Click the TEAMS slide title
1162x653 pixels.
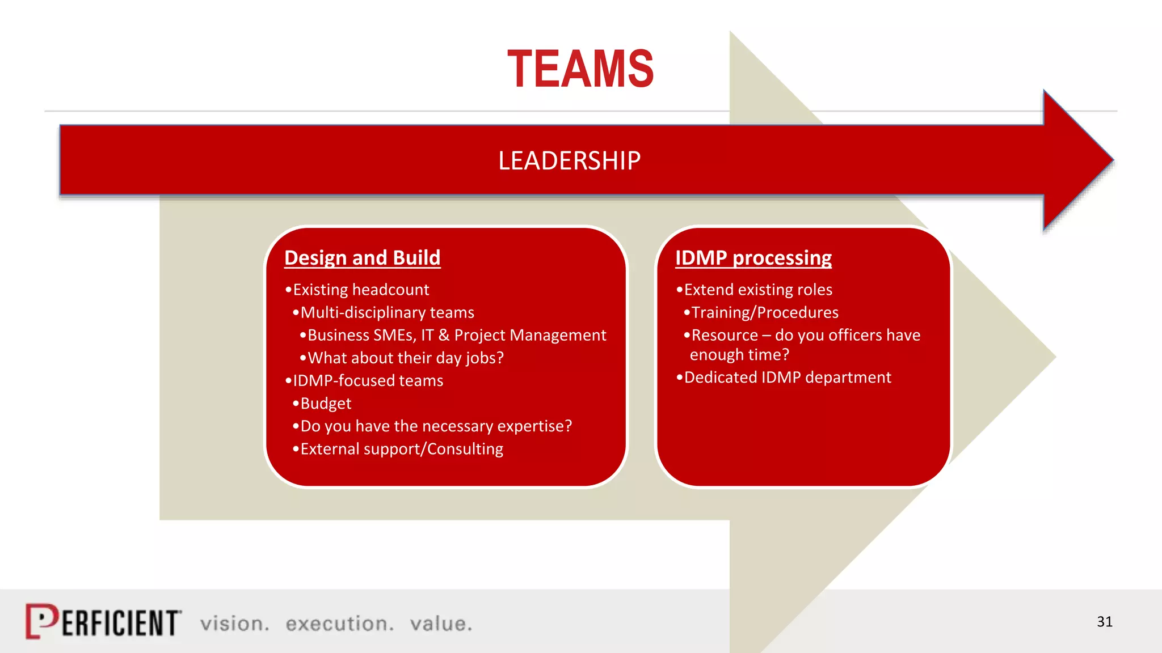580,69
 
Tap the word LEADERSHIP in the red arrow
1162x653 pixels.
569,160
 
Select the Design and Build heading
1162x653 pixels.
362,258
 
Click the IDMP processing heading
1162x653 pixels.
753,258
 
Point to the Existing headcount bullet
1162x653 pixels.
361,290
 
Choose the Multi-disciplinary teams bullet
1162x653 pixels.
387,312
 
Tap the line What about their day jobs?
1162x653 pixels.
405,358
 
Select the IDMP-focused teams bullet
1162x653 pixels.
368,380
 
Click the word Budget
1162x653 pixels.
326,404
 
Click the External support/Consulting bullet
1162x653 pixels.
401,449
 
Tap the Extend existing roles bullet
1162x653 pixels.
757,290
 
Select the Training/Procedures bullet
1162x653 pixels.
764,312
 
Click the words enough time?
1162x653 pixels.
739,355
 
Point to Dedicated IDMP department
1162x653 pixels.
787,378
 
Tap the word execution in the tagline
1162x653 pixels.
339,624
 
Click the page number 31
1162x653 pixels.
1104,622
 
